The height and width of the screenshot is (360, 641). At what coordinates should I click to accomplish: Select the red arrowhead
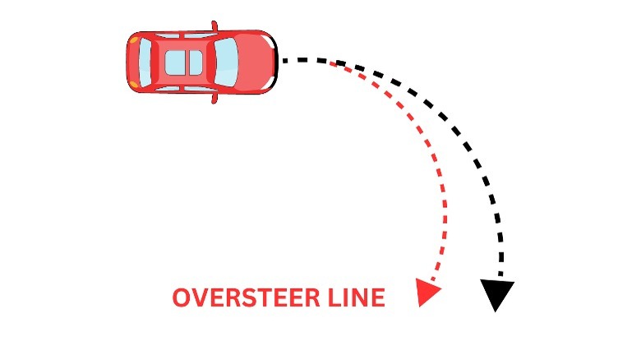click(x=427, y=292)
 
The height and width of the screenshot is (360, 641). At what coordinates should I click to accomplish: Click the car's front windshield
click(x=225, y=62)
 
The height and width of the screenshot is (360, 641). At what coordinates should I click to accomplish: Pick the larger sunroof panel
click(x=176, y=62)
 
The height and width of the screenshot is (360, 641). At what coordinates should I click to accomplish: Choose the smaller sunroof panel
click(x=196, y=62)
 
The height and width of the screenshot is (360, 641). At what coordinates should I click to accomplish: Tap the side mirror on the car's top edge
click(x=215, y=27)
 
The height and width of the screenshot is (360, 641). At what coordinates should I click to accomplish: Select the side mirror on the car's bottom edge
click(x=215, y=98)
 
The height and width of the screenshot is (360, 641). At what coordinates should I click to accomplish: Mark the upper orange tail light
click(x=133, y=39)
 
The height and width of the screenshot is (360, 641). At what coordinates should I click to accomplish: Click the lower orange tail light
click(x=133, y=85)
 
